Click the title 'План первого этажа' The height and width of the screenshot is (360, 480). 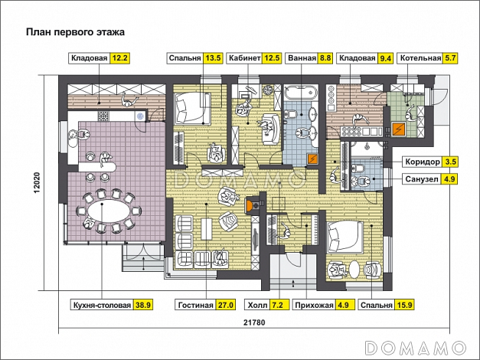tap(75, 32)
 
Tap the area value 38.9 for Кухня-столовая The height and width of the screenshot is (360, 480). tap(143, 305)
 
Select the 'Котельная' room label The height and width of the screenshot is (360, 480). tap(420, 58)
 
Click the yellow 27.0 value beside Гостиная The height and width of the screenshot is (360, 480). tap(226, 305)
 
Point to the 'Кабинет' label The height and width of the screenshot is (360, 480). tap(244, 58)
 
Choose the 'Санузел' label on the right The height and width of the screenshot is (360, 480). tap(422, 179)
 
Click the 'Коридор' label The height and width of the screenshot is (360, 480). tap(423, 162)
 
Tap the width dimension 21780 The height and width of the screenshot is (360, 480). tap(254, 322)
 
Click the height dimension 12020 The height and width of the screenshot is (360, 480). tap(37, 182)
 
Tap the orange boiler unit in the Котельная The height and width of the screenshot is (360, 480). tap(399, 129)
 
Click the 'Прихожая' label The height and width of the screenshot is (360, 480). tap(314, 305)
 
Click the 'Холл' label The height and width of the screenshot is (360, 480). tap(257, 305)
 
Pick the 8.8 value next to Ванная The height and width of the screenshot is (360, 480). tap(325, 58)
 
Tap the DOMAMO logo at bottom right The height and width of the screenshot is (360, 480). tap(416, 348)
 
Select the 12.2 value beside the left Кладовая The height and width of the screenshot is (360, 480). tap(120, 58)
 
